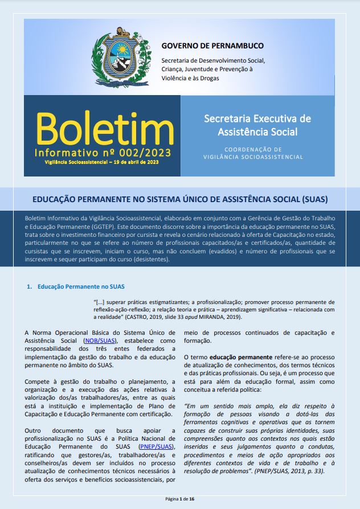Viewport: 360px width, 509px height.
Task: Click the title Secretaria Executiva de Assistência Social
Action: pyautogui.click(x=257, y=125)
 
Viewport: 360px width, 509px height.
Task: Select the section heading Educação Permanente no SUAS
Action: pyautogui.click(x=81, y=286)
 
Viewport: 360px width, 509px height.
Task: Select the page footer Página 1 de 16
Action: pyautogui.click(x=179, y=498)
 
